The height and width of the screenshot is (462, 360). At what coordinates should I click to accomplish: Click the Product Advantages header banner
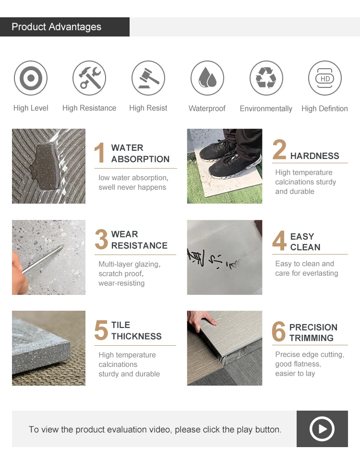click(65, 27)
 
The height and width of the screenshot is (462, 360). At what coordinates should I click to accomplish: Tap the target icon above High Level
click(31, 78)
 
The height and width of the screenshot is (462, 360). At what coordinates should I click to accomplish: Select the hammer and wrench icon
click(89, 78)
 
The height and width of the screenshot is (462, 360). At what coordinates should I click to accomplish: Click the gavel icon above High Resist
click(148, 78)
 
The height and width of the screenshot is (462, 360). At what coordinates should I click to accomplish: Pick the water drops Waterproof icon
click(207, 78)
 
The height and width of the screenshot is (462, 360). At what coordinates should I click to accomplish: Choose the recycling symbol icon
click(266, 78)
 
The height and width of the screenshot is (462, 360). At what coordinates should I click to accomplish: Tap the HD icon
click(325, 78)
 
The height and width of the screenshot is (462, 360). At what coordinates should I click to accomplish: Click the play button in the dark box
click(322, 429)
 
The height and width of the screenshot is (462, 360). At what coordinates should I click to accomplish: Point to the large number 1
click(100, 154)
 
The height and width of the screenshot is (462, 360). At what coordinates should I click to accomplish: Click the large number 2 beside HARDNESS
click(279, 150)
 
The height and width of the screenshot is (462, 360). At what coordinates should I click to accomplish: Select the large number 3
click(101, 240)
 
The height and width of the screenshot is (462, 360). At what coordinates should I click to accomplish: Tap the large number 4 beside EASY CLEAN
click(279, 242)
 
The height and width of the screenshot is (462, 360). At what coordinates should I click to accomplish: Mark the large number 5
click(101, 330)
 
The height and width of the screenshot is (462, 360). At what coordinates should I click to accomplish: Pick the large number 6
click(279, 332)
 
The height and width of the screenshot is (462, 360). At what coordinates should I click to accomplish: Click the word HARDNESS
click(314, 156)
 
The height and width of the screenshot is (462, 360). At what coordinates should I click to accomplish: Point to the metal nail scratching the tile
click(46, 257)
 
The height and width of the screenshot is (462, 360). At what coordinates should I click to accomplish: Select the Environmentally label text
click(266, 109)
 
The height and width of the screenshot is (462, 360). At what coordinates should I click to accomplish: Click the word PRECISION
click(313, 328)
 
